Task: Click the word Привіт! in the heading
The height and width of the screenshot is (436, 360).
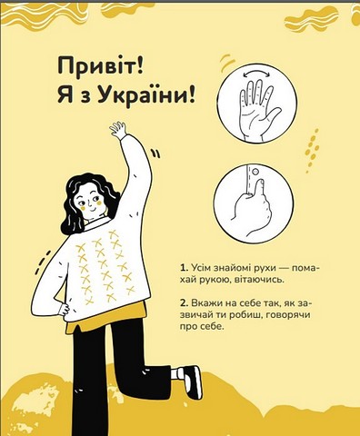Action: point(100,67)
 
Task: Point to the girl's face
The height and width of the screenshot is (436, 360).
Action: point(90,202)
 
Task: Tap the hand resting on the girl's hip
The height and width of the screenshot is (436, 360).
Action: point(64,310)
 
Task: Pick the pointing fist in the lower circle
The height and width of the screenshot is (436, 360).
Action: point(253,207)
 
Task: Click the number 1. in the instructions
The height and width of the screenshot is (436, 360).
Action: point(183,268)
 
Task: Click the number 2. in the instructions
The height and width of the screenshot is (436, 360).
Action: point(183,302)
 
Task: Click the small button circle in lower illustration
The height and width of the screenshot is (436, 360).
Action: point(255,172)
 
